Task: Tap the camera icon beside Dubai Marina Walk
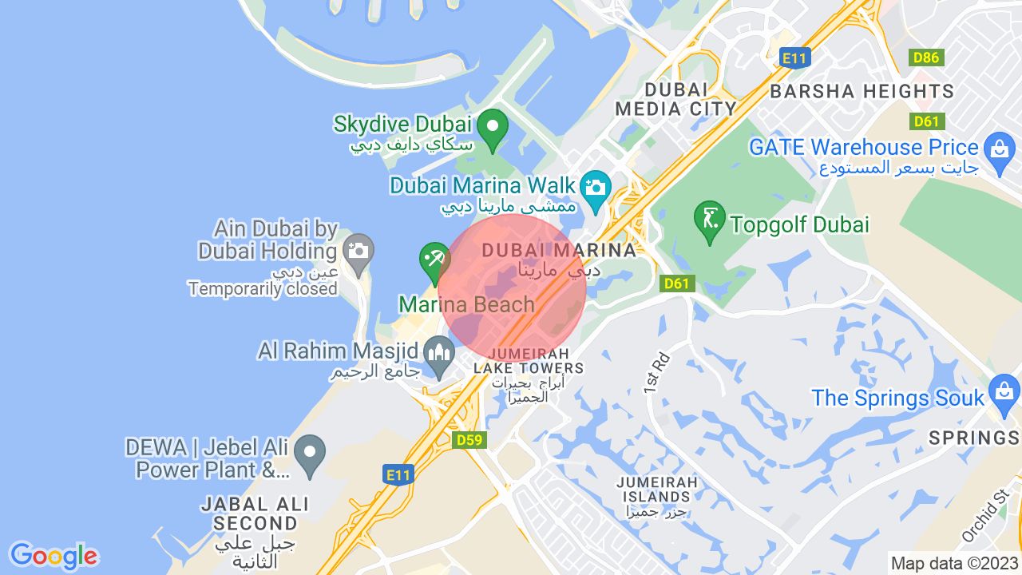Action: coord(596,188)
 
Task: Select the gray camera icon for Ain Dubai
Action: coord(358,251)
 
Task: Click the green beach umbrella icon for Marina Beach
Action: coord(434,260)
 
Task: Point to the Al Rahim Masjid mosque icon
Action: coord(438,352)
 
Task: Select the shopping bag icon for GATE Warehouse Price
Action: coord(999,149)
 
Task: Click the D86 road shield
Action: coord(926,57)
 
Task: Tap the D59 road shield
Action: coord(469,440)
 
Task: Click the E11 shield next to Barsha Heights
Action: coord(795,57)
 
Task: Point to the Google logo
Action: coord(53,556)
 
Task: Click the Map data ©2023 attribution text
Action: coord(955,563)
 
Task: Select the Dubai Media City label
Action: coord(675,99)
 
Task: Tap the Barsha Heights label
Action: coord(862,91)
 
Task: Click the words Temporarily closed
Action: coord(263,288)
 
